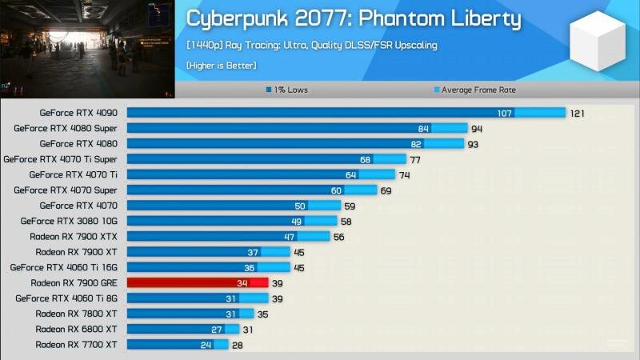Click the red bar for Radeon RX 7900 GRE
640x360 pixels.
[197, 282]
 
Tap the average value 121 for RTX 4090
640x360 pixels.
[578, 113]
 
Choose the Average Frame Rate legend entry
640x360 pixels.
[475, 90]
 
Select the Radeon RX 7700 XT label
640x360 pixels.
[78, 345]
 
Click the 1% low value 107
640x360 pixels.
[505, 113]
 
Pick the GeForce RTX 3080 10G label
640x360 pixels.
[70, 221]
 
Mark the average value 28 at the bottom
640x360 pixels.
[238, 345]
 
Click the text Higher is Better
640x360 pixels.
[221, 64]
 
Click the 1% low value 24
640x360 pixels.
[206, 345]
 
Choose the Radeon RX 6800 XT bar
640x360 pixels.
[182, 329]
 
